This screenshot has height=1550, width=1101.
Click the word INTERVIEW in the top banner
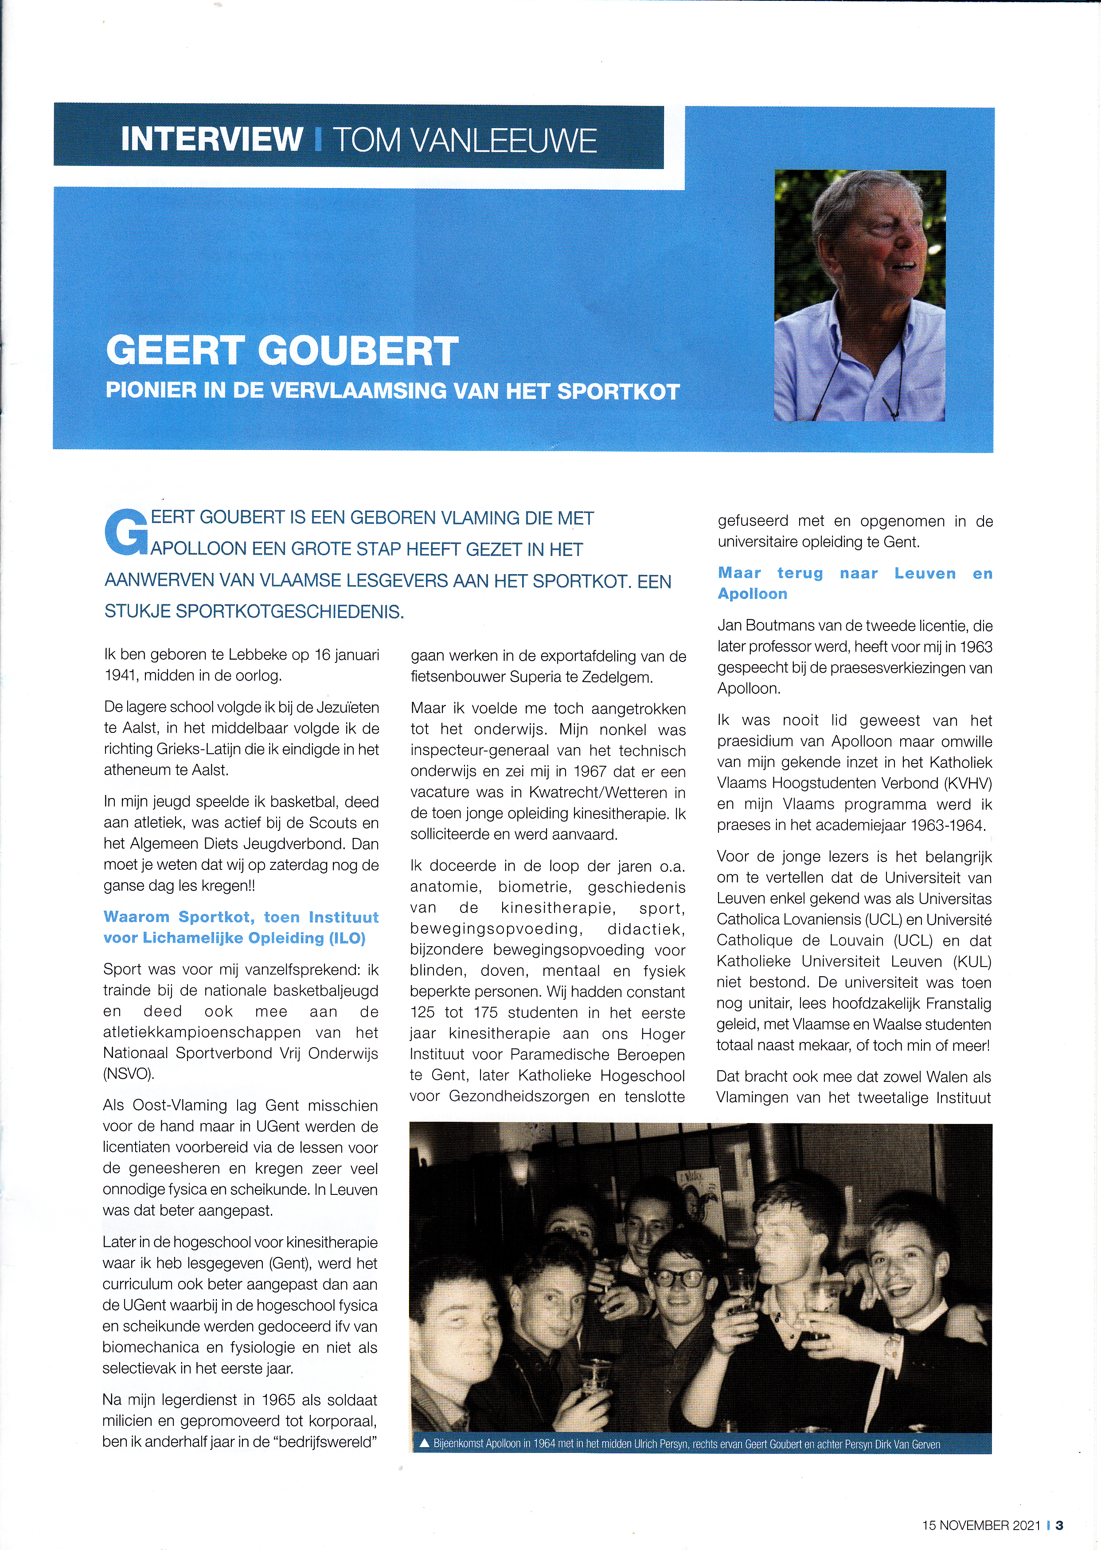pos(211,139)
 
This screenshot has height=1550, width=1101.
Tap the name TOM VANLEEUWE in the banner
pos(465,141)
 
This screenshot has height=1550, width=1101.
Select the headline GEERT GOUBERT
pos(282,351)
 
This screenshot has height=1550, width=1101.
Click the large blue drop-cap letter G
pos(125,534)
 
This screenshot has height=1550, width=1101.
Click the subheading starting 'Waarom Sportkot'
pos(241,927)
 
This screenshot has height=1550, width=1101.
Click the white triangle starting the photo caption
pos(425,1444)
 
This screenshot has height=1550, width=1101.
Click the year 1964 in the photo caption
pos(544,1444)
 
